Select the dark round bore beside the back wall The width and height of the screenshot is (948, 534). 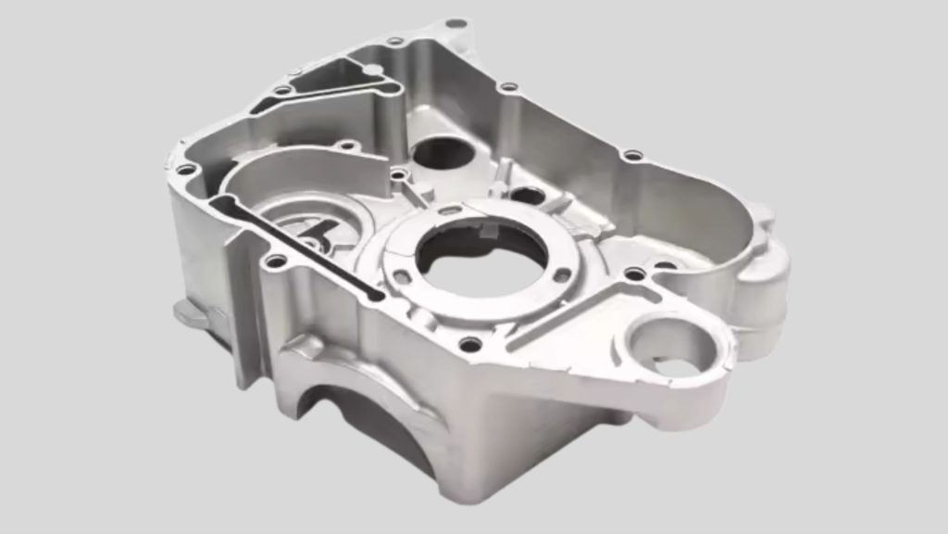tap(441, 153)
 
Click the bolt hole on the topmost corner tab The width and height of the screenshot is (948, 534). tap(455, 23)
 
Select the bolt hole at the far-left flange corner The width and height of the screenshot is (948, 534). tap(186, 170)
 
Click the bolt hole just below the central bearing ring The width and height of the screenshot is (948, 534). tap(470, 345)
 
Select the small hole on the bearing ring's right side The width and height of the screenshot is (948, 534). tap(561, 275)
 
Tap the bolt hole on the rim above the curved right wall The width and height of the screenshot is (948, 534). tap(632, 156)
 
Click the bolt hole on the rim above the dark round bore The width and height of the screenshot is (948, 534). tap(507, 87)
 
